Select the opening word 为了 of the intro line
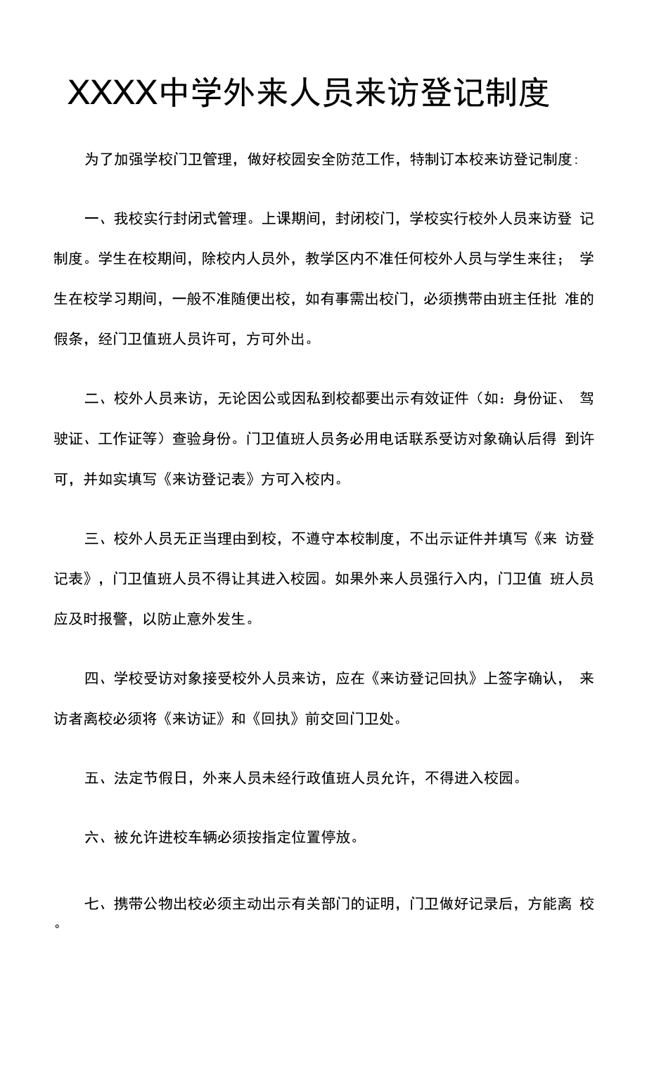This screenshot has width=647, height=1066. coord(99,159)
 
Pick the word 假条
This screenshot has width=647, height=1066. coord(69,339)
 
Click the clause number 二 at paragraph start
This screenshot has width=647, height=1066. coord(91,399)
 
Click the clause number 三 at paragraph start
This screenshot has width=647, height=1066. coord(91,539)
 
